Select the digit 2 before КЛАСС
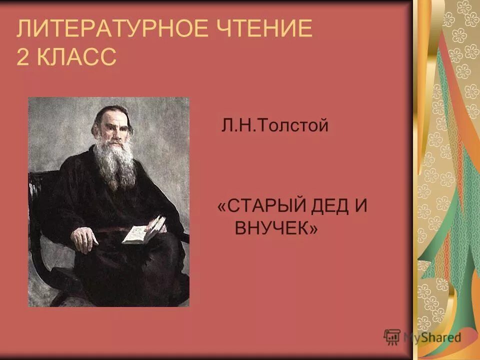22,57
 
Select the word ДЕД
332,206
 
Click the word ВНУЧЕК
270,228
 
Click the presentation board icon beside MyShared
392,336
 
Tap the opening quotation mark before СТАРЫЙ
221,207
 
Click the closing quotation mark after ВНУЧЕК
313,229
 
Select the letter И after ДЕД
360,206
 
